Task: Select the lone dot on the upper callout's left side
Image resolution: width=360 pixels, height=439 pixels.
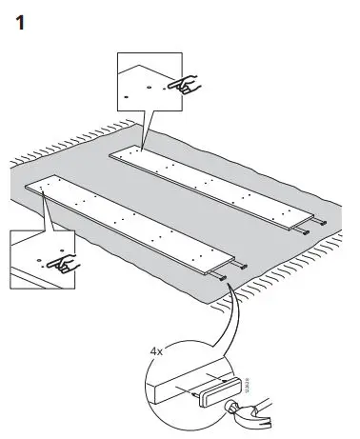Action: [x=125, y=98]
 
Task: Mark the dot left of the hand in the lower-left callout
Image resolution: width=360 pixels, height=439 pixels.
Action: [x=36, y=258]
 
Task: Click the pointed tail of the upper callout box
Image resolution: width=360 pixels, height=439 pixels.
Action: [x=140, y=143]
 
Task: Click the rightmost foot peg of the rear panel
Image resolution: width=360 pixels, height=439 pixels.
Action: [x=327, y=222]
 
